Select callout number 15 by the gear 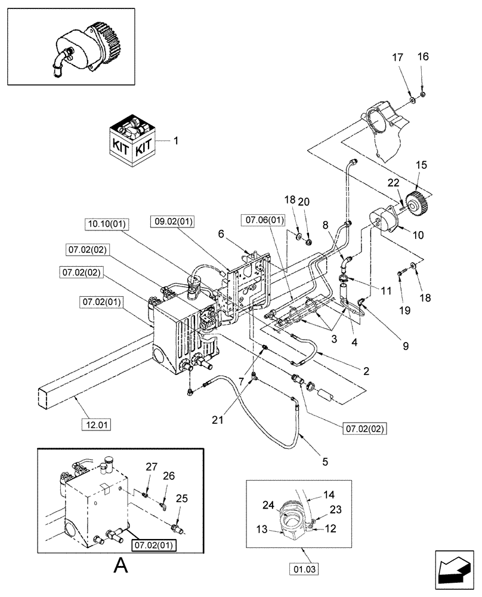[x=421, y=164]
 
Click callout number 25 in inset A [x=181, y=498]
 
